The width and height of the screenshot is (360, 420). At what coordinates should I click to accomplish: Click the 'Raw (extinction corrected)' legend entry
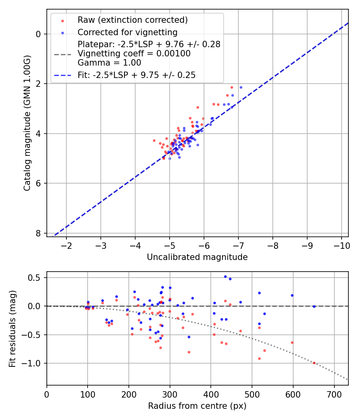pyautogui.click(x=132, y=20)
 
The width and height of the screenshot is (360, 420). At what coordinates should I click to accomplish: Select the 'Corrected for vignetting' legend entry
pyautogui.click(x=127, y=32)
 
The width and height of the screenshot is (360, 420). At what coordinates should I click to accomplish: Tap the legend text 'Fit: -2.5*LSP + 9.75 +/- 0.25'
pyautogui.click(x=136, y=75)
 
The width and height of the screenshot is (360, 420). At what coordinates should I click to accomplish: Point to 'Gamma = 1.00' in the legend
pyautogui.click(x=109, y=62)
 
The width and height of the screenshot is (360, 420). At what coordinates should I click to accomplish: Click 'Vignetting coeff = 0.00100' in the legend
pyautogui.click(x=134, y=53)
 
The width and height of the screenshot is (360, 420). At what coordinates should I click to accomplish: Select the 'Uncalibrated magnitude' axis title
pyautogui.click(x=197, y=257)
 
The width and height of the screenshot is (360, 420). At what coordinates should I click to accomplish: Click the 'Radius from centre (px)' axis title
pyautogui.click(x=197, y=406)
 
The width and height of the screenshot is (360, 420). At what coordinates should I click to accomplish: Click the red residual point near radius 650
pyautogui.click(x=314, y=363)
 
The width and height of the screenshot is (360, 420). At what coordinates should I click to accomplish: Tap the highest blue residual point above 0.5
pyautogui.click(x=225, y=276)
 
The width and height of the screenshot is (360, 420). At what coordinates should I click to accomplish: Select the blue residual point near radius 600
pyautogui.click(x=292, y=295)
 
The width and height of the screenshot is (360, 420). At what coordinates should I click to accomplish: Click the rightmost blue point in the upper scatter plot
pyautogui.click(x=241, y=87)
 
